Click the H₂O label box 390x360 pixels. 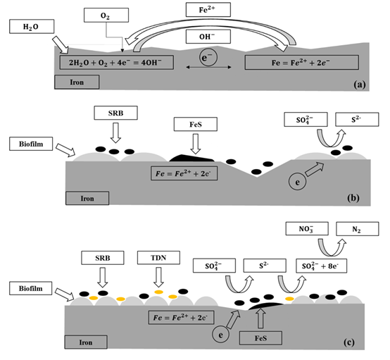pyautogui.click(x=32, y=26)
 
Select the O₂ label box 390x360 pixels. pyautogui.click(x=106, y=15)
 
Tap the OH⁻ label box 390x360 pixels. pyautogui.click(x=208, y=37)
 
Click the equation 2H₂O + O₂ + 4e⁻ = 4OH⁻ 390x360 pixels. pyautogui.click(x=116, y=62)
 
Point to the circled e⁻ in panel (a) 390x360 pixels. pyautogui.click(x=208, y=57)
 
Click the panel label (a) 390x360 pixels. pyautogui.click(x=360, y=85)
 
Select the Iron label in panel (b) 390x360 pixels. pyautogui.click(x=87, y=198)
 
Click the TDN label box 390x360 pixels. pyautogui.click(x=158, y=258)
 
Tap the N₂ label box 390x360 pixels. pyautogui.click(x=358, y=229)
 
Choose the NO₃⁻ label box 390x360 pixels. pyautogui.click(x=307, y=228)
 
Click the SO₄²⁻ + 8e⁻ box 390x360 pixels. pyautogui.click(x=321, y=266)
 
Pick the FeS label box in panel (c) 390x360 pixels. pyautogui.click(x=260, y=338)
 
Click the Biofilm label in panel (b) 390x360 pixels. pyautogui.click(x=31, y=144)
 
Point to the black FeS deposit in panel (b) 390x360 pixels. pyautogui.click(x=191, y=159)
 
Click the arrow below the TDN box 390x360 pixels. pyautogui.click(x=158, y=277)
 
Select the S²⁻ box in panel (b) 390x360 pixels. pyautogui.click(x=357, y=120)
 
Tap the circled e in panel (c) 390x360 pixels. pyautogui.click(x=220, y=335)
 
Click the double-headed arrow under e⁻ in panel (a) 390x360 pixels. pyautogui.click(x=208, y=67)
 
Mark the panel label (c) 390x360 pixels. pyautogui.click(x=349, y=342)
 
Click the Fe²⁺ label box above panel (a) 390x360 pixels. pyautogui.click(x=208, y=10)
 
